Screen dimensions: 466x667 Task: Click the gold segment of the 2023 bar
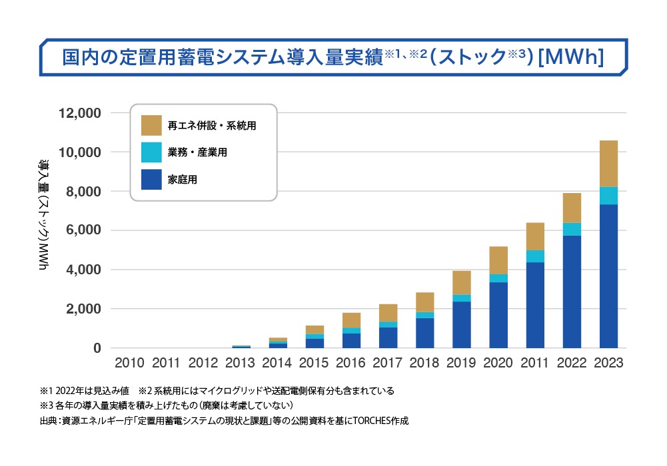click(608, 164)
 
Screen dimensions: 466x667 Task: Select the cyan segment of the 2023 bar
click(608, 196)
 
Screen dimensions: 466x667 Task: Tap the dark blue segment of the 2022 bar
click(572, 292)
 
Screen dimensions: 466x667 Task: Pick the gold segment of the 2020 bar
click(498, 260)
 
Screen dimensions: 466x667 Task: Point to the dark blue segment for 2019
click(462, 325)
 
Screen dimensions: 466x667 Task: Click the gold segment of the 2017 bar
click(388, 313)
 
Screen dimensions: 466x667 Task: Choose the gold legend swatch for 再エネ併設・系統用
click(151, 125)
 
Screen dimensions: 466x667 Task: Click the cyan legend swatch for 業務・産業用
click(151, 152)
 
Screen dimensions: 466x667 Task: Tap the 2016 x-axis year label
click(352, 363)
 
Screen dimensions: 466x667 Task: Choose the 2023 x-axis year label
click(608, 363)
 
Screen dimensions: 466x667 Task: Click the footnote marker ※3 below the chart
click(45, 405)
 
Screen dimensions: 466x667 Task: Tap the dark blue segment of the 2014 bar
click(279, 346)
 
